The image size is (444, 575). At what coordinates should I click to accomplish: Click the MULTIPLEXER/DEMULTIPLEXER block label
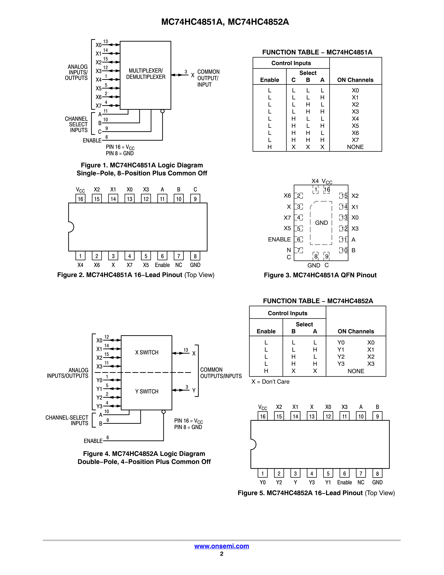click(146, 74)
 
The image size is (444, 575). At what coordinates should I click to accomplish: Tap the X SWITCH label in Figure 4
click(147, 352)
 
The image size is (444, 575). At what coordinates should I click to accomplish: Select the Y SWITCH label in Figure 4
click(147, 392)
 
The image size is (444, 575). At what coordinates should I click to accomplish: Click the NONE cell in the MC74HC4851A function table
click(355, 147)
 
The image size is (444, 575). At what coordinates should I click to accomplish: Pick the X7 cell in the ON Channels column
click(355, 140)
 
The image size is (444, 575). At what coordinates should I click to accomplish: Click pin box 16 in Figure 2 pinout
click(80, 199)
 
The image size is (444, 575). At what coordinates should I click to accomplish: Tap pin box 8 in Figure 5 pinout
click(377, 474)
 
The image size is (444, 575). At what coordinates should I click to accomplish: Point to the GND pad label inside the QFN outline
click(321, 223)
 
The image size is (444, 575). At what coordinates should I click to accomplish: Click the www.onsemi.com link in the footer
click(222, 546)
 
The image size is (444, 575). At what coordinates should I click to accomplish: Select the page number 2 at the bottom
click(222, 554)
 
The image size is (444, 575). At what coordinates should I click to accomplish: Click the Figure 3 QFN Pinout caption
click(320, 275)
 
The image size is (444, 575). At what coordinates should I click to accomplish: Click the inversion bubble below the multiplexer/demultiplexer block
click(163, 111)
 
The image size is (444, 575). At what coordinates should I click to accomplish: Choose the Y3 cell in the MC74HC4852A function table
click(341, 364)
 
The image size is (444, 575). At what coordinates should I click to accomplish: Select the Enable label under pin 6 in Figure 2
click(162, 265)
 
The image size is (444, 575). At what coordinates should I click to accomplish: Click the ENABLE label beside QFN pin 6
click(279, 239)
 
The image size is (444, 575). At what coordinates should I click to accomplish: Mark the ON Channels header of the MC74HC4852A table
click(356, 331)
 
